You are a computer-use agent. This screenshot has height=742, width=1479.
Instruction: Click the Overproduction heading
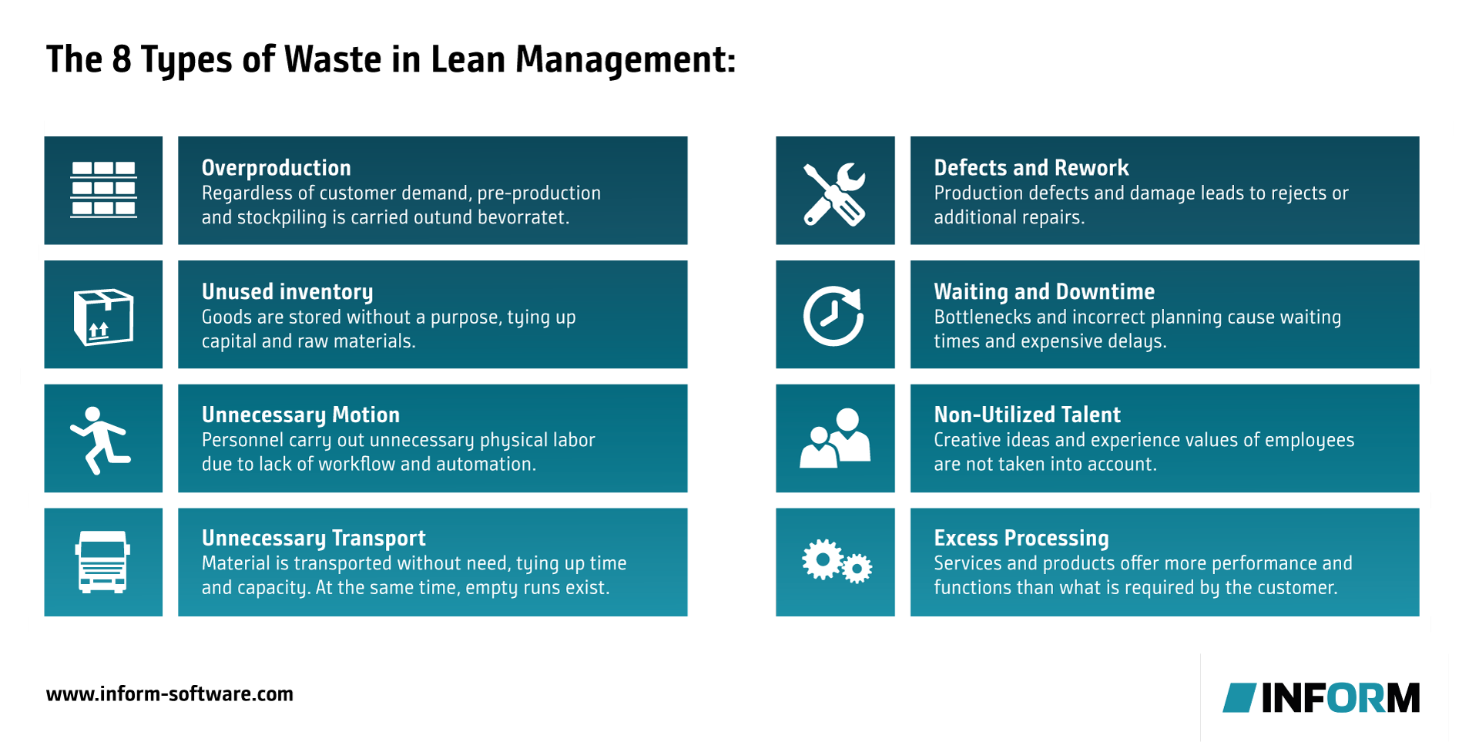click(x=276, y=168)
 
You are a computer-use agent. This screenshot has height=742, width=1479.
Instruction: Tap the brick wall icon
click(x=103, y=190)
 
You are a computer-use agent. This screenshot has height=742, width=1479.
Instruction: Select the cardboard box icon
click(x=103, y=317)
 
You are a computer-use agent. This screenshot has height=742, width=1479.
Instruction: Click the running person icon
click(x=99, y=440)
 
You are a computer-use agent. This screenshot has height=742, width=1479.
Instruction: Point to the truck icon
click(x=102, y=562)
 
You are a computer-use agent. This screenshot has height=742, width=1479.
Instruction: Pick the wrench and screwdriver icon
click(x=834, y=194)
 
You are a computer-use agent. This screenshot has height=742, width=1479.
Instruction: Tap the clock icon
click(x=833, y=316)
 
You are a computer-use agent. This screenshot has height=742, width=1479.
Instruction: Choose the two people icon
click(x=835, y=438)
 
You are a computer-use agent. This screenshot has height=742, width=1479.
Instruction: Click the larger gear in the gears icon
click(x=822, y=559)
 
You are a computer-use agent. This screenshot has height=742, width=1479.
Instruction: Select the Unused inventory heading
click(x=287, y=292)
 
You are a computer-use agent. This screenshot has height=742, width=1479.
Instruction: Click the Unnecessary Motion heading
click(x=300, y=415)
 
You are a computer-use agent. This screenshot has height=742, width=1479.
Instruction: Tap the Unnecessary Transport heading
click(x=314, y=539)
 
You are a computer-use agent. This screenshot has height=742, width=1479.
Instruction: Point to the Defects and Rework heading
click(x=1031, y=168)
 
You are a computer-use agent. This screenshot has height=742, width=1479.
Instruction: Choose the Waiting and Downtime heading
click(x=1045, y=292)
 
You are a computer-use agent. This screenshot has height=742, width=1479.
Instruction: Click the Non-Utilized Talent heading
click(x=1028, y=415)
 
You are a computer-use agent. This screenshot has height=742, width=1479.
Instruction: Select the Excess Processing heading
click(x=1021, y=539)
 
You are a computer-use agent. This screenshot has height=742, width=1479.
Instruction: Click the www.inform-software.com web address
click(x=169, y=694)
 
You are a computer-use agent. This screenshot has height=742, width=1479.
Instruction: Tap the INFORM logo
click(x=1321, y=698)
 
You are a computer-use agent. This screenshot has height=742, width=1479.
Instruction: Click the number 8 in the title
click(x=122, y=59)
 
